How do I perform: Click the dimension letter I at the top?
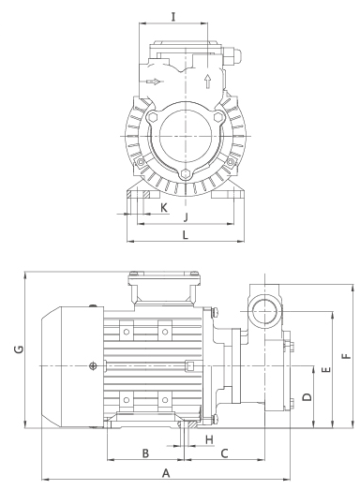[x=173, y=17]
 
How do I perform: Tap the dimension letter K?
[x=164, y=207]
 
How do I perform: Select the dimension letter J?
[x=186, y=216]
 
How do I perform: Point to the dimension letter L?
[x=186, y=234]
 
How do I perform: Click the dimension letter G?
[x=19, y=349]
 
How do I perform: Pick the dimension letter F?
[x=347, y=356]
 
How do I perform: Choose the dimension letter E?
[x=326, y=370]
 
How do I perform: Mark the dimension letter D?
[x=307, y=397]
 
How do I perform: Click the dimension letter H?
[x=210, y=439]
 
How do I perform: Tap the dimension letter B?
[x=145, y=453]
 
